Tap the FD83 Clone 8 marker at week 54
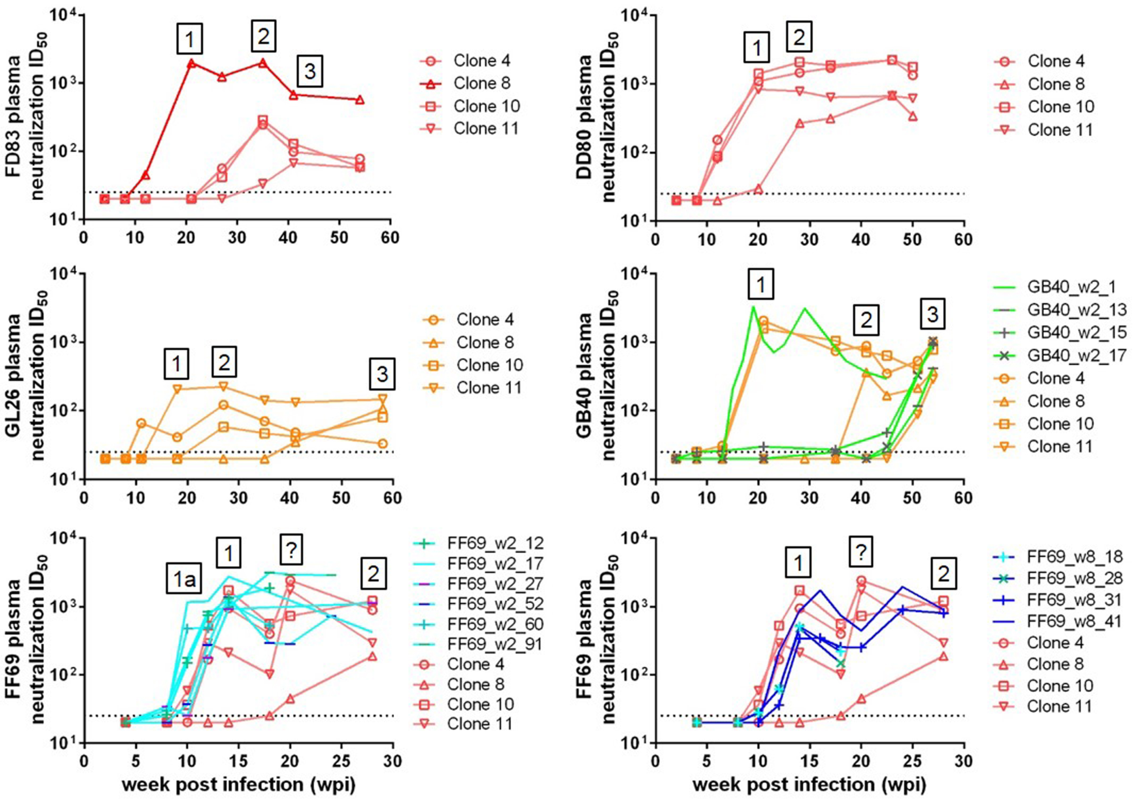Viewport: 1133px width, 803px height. [360, 100]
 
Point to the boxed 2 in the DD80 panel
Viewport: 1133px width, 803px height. [799, 37]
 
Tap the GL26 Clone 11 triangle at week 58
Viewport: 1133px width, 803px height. [383, 399]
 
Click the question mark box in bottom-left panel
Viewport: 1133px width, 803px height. [291, 551]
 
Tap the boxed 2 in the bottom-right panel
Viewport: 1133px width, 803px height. [944, 574]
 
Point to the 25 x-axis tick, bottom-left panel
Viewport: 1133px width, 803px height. [342, 761]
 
